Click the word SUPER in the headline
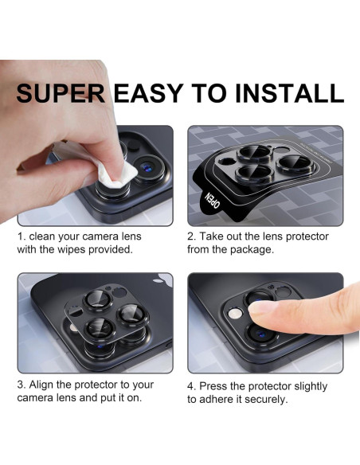[x=61, y=93]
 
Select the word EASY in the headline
[x=149, y=93]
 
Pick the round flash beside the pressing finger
[x=235, y=314]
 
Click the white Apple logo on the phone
[x=162, y=279]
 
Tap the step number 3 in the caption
[x=21, y=385]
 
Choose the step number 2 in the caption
[x=191, y=236]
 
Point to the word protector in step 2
[x=307, y=236]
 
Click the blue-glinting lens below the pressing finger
[x=260, y=334]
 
